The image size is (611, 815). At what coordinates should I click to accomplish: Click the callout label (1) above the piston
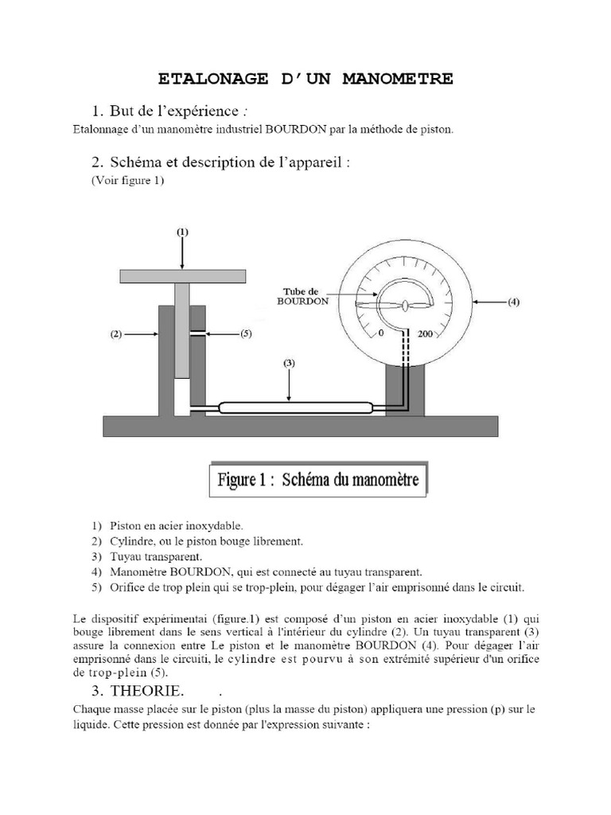(182, 232)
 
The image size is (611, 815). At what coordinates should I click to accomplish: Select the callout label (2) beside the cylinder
(115, 335)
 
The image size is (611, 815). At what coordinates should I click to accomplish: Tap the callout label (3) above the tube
(289, 363)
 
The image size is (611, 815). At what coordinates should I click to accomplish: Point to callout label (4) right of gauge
(514, 302)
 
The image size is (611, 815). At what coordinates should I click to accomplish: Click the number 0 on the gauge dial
(381, 333)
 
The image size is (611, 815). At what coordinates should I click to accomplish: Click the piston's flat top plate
(181, 275)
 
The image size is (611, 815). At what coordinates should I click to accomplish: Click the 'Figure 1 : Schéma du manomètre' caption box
(318, 480)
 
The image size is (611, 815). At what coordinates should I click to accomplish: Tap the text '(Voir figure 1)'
(127, 180)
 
